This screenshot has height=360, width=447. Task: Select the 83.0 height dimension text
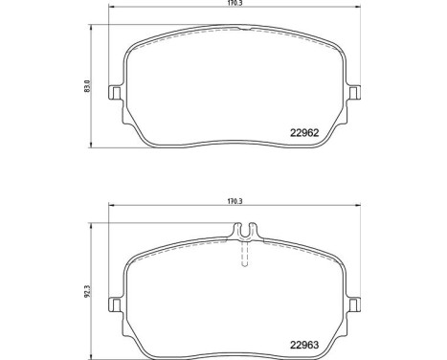pos(88,87)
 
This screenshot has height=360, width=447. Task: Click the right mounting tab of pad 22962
pos(356,94)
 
